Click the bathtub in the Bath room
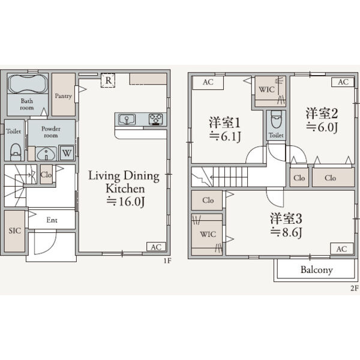click(x=28, y=83)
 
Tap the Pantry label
click(x=63, y=96)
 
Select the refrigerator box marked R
click(x=108, y=80)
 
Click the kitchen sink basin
click(x=127, y=119)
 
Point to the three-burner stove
click(x=156, y=119)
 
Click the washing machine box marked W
click(x=67, y=153)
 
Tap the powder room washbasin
click(x=46, y=154)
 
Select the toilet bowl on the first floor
click(x=16, y=152)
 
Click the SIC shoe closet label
click(x=14, y=230)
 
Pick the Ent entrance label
click(x=52, y=220)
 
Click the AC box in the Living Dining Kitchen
click(x=156, y=247)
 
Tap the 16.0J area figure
click(x=126, y=202)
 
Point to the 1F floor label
click(x=167, y=261)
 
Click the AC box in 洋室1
click(x=208, y=82)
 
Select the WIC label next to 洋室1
click(x=267, y=89)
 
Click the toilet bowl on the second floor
click(x=276, y=119)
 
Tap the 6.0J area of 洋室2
click(x=322, y=127)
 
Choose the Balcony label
click(x=317, y=270)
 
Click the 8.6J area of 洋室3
click(x=286, y=232)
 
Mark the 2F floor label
click(x=354, y=288)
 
